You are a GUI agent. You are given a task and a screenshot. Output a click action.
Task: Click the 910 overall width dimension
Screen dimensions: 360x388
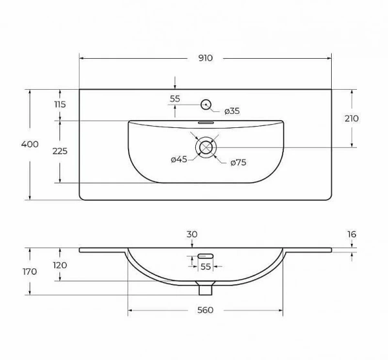tap(205, 58)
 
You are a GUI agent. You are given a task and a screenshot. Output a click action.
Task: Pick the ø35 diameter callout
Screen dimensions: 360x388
tap(232, 111)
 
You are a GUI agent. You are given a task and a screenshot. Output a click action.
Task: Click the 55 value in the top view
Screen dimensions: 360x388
tap(175, 99)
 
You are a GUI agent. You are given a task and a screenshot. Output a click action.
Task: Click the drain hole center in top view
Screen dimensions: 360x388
tap(206, 147)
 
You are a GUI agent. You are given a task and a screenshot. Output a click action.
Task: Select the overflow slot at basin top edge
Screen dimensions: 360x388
tap(206, 122)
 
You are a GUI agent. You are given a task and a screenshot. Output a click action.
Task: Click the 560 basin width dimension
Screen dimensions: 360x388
tap(205, 310)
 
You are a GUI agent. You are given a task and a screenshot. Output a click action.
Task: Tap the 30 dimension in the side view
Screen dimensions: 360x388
tap(191, 234)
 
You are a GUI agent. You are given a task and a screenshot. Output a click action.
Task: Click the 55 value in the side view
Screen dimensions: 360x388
tap(206, 266)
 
